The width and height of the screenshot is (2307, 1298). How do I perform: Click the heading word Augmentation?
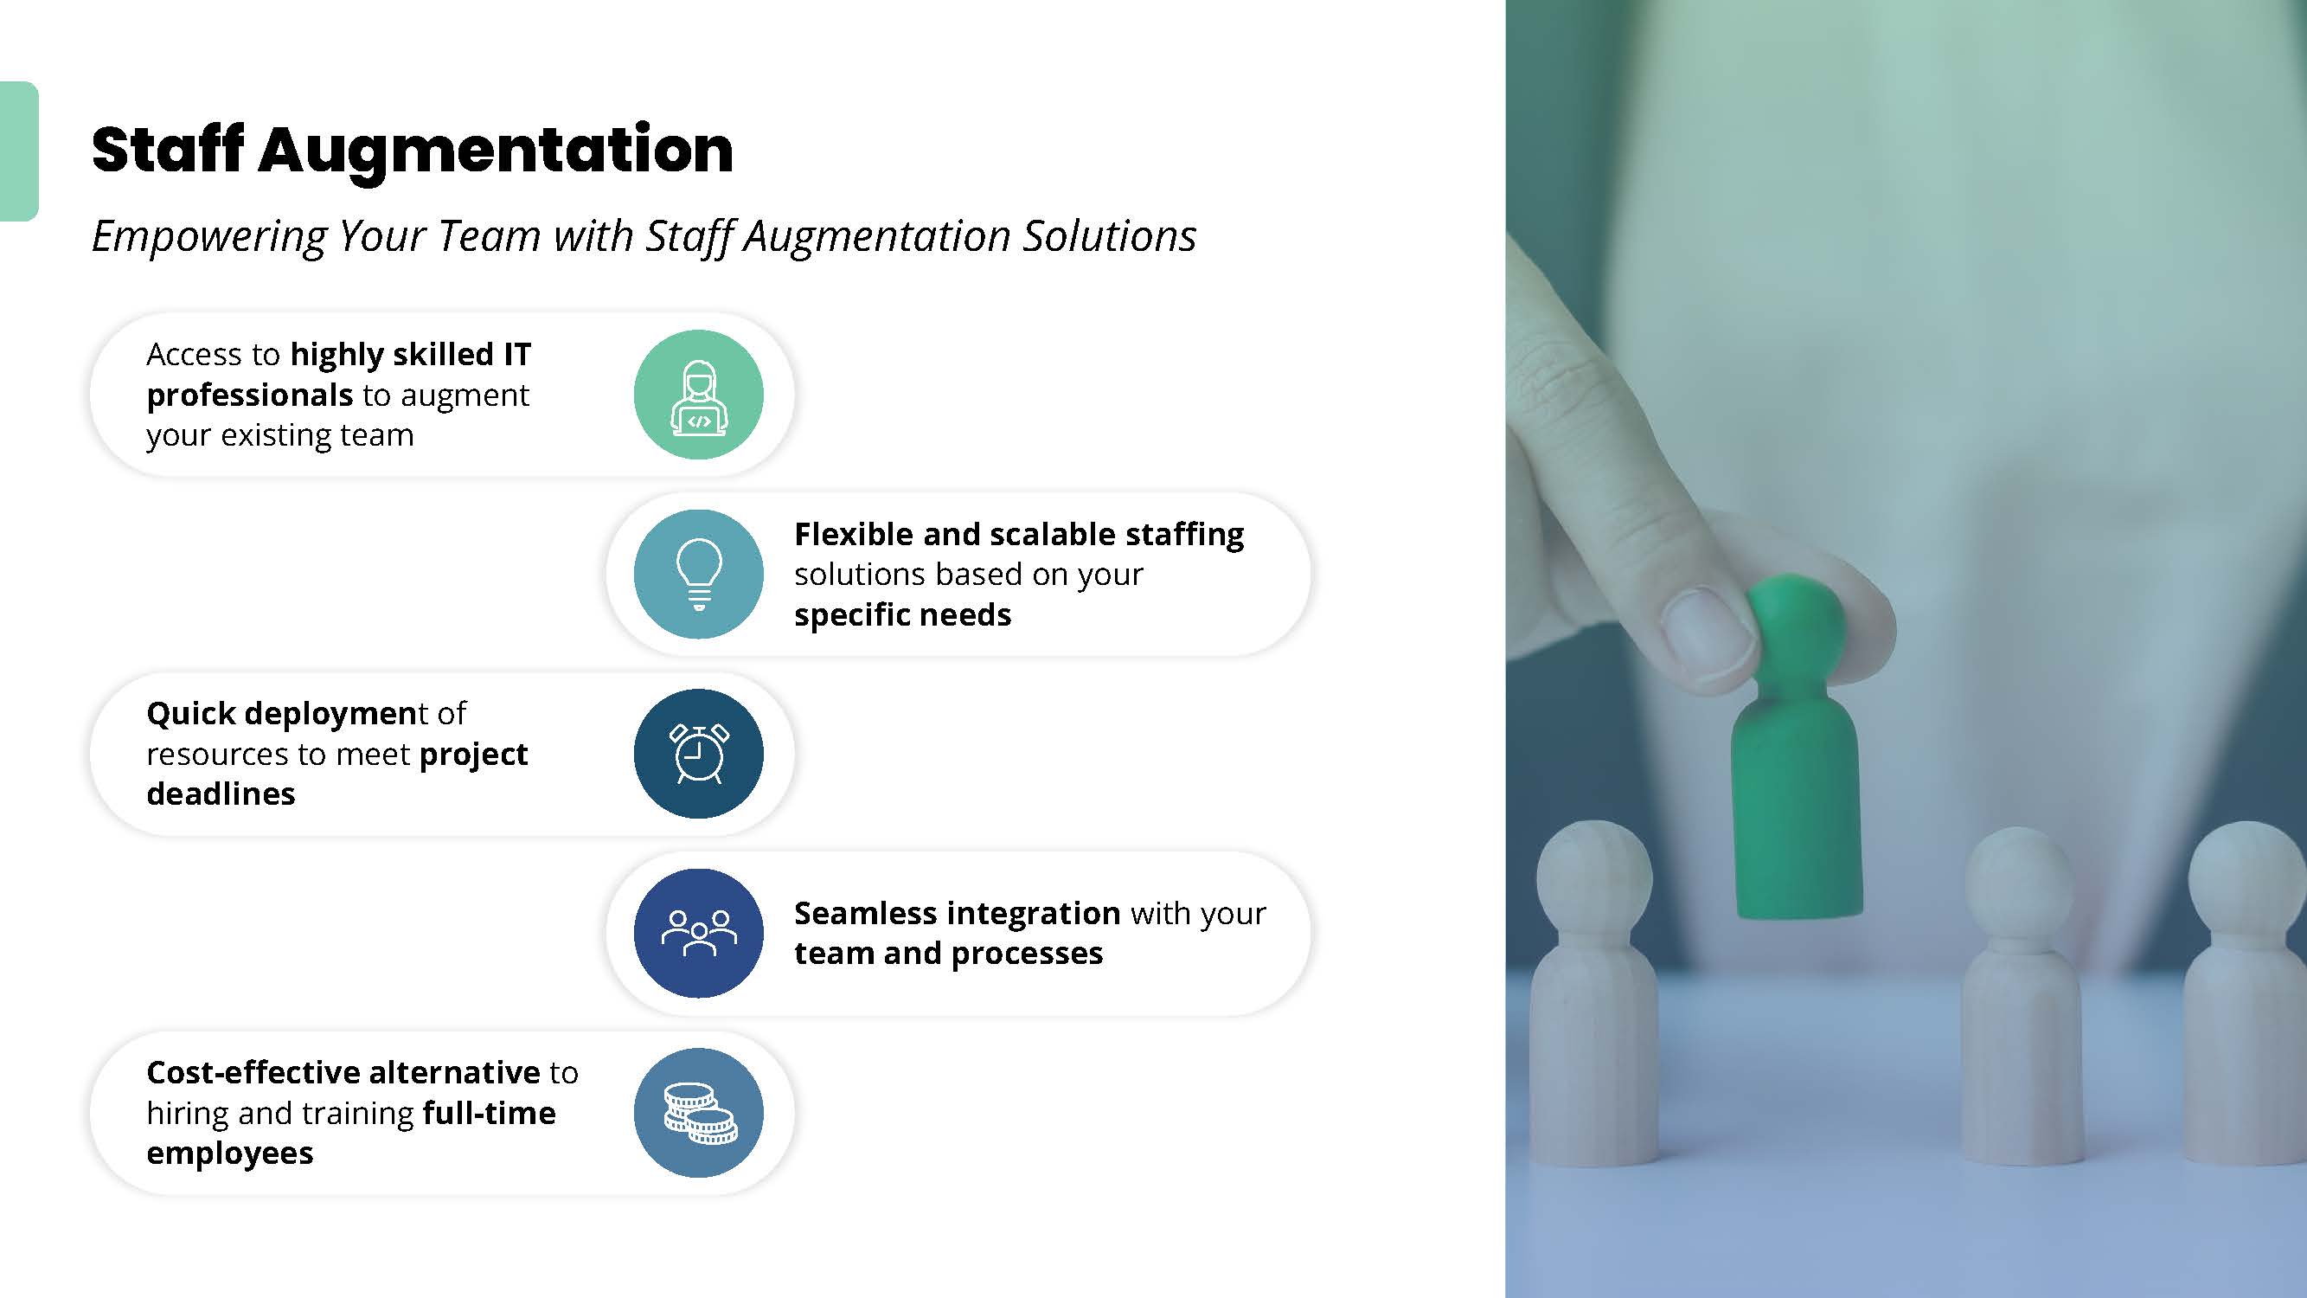497,151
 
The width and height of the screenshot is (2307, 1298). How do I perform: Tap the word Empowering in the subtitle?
209,237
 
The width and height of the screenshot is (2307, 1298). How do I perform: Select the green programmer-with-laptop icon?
699,395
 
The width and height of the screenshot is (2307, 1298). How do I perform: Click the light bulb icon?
699,575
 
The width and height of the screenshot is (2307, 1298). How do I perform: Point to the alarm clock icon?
699,754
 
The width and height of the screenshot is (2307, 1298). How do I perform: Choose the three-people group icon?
699,934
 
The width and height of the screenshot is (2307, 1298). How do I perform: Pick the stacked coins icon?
699,1113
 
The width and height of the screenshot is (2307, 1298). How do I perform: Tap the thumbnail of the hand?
1707,637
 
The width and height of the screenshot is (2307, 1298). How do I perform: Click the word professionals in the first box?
250,396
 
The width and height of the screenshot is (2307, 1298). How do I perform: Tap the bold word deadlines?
221,794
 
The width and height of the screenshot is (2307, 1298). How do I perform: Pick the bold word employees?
230,1153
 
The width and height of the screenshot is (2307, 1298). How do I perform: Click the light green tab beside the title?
19,151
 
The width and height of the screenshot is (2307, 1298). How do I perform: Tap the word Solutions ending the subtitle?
1110,236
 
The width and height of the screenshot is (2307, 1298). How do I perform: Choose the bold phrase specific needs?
903,615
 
